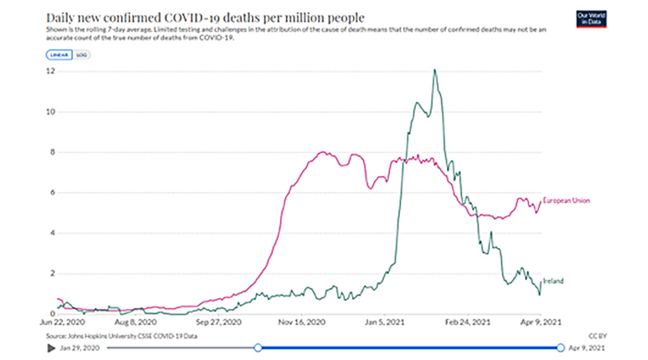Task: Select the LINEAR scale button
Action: (58, 55)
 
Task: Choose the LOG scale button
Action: (81, 55)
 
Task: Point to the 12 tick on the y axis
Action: (50, 71)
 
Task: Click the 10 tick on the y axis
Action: (50, 112)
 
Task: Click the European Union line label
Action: (567, 200)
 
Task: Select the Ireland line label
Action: (553, 281)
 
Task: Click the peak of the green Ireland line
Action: (435, 70)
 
